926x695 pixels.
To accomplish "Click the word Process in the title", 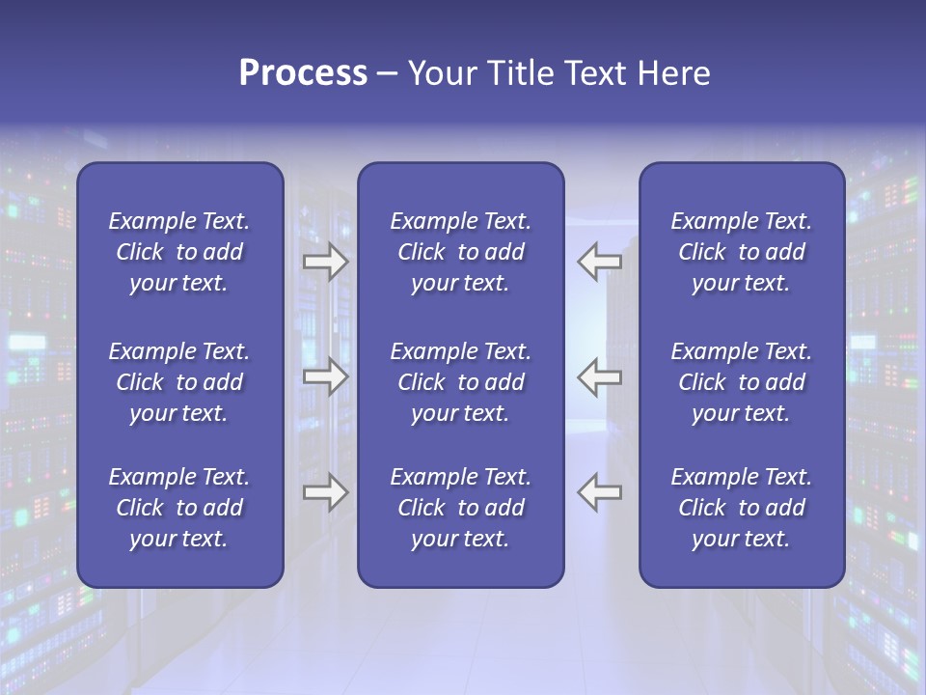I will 303,73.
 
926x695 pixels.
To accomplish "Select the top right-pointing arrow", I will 325,262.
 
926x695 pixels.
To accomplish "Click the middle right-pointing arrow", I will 325,376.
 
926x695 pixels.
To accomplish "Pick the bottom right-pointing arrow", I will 325,492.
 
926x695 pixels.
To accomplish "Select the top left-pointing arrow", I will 599,262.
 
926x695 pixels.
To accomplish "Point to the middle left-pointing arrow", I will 599,376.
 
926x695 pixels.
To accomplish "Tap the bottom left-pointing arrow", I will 599,492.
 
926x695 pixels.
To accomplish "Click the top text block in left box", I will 179,252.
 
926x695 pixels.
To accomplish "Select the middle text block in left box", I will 179,382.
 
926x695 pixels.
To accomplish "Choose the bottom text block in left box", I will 179,508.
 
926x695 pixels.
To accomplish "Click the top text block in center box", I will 460,252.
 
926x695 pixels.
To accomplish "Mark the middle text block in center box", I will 460,382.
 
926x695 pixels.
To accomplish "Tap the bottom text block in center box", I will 460,508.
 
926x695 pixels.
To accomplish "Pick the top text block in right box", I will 741,252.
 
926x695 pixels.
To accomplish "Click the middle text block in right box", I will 741,382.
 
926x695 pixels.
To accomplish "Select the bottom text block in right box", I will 741,508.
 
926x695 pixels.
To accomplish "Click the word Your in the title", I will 440,73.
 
